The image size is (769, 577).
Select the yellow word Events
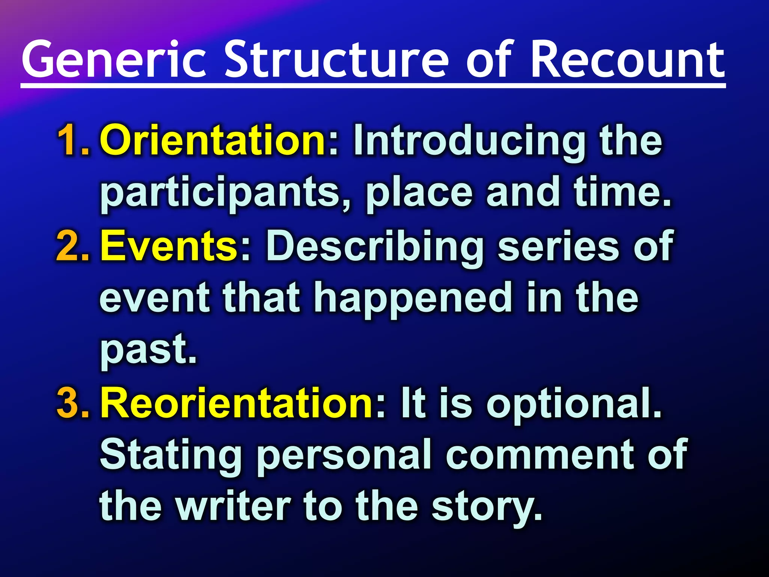(x=169, y=246)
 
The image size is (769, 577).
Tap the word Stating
(x=171, y=456)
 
